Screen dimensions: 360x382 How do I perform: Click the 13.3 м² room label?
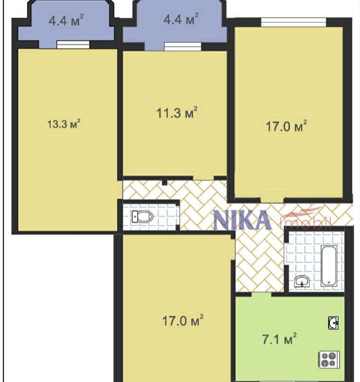click(64, 124)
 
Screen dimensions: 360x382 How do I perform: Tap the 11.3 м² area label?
click(176, 112)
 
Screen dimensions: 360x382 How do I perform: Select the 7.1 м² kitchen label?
click(279, 339)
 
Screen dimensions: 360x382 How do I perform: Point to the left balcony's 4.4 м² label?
click(66, 20)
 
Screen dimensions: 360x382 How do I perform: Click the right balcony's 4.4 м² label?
click(181, 19)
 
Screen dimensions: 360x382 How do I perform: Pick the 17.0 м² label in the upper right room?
click(286, 126)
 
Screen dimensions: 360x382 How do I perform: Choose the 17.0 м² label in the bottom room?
click(183, 320)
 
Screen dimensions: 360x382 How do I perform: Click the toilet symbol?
click(142, 217)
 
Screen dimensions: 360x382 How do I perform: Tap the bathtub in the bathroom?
click(329, 266)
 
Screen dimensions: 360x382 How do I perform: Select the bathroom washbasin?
click(302, 281)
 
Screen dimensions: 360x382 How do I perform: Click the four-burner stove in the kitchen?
click(328, 360)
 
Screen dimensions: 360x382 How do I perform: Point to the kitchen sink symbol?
click(333, 323)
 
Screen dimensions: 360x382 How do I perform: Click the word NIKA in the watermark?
click(243, 220)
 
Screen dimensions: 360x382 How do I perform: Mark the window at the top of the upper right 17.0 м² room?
click(293, 22)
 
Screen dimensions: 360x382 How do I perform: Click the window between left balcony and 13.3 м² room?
click(73, 45)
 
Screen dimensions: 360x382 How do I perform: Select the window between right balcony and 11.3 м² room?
click(183, 47)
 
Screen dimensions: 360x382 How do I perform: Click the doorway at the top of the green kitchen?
click(262, 294)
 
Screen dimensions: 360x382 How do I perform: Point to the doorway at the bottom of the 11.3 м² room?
click(204, 178)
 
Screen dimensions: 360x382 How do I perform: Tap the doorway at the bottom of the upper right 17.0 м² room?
click(272, 200)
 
